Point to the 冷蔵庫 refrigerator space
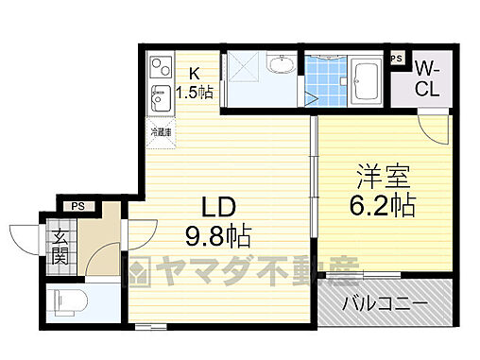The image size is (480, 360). tap(159, 131)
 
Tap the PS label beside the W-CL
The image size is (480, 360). tap(398, 59)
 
